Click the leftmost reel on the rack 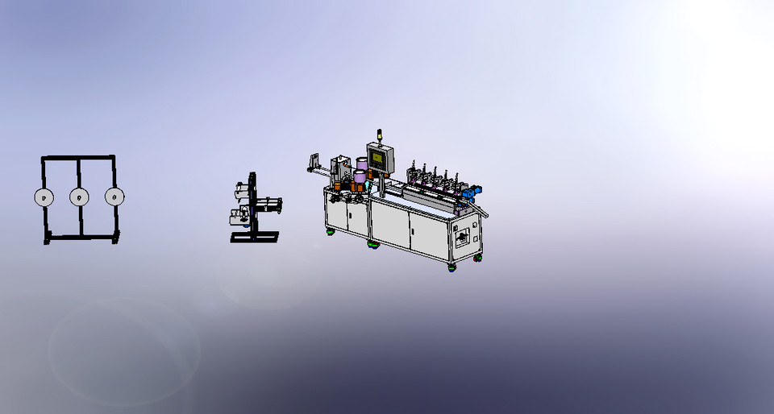click(x=43, y=197)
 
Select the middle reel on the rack click(x=79, y=197)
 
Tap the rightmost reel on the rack click(x=114, y=197)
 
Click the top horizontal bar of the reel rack click(x=78, y=158)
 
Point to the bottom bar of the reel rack click(x=81, y=237)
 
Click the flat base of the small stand click(x=254, y=237)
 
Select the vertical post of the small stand click(x=253, y=201)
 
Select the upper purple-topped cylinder click(x=361, y=164)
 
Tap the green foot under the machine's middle click(x=372, y=244)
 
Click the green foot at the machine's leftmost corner click(x=330, y=232)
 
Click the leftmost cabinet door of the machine click(x=335, y=213)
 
